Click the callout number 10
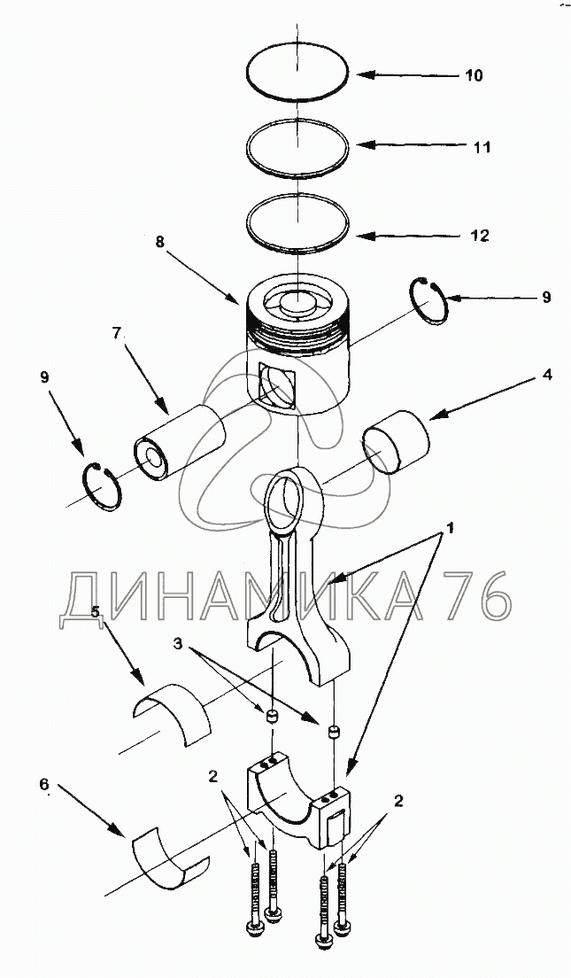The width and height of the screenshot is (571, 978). tap(474, 75)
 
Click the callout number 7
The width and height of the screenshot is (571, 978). tap(117, 333)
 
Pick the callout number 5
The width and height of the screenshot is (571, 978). tap(95, 611)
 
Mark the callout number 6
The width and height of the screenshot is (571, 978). tap(43, 783)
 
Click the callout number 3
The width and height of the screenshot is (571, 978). tap(178, 644)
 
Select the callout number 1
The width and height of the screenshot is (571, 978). tap(447, 528)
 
